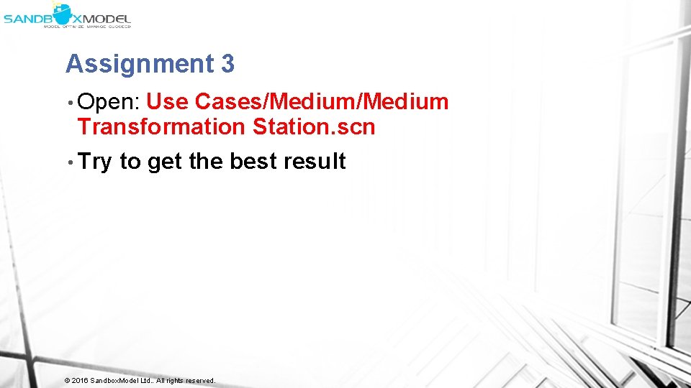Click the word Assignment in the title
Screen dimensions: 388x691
pos(137,65)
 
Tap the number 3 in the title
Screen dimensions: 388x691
pos(227,65)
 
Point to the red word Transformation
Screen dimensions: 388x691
pos(161,127)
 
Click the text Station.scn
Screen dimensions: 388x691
pos(314,127)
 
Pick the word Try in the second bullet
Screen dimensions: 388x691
pos(94,162)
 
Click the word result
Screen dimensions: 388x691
pos(315,162)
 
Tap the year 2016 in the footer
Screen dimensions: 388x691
pos(79,380)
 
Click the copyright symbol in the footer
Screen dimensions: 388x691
pos(67,380)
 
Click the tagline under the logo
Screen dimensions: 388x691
pos(87,26)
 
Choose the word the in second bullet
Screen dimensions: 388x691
pos(206,162)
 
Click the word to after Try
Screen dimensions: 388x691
pos(130,162)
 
